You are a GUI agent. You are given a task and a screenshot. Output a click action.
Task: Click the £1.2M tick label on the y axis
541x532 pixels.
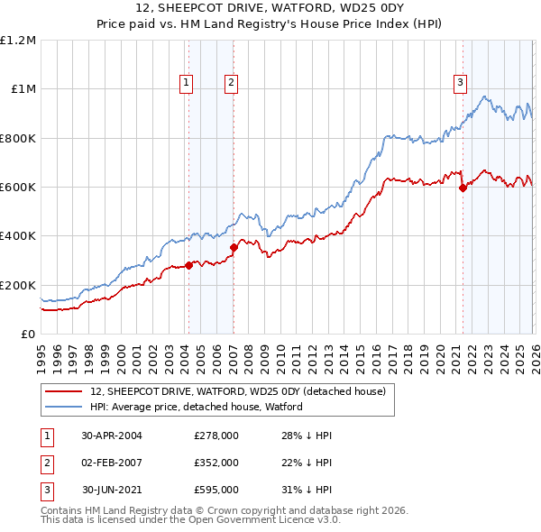click(x=18, y=40)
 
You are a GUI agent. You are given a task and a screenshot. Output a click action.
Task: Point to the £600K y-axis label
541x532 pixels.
click(x=18, y=187)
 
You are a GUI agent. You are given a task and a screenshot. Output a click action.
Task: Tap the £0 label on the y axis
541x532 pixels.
click(x=28, y=334)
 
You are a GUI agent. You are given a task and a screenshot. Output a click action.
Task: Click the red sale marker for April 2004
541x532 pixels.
click(x=189, y=265)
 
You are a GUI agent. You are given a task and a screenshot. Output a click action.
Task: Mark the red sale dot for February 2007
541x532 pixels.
click(x=233, y=247)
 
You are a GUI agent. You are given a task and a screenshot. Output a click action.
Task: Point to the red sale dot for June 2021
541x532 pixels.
click(x=463, y=188)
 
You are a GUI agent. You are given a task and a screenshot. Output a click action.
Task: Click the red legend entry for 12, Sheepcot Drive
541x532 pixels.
click(x=238, y=391)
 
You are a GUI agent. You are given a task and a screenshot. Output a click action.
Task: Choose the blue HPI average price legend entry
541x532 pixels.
click(x=196, y=407)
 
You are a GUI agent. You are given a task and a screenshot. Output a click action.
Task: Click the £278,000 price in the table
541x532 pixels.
click(x=216, y=435)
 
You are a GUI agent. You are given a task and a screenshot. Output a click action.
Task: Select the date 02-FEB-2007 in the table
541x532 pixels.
click(x=112, y=462)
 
